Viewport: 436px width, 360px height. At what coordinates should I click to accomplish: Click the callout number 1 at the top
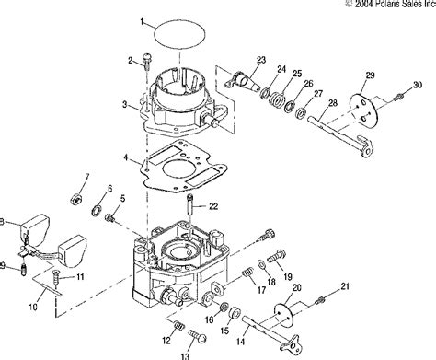coord(142,22)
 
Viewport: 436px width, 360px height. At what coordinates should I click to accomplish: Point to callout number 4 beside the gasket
coord(126,157)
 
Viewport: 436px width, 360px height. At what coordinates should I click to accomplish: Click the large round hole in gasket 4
coord(178,169)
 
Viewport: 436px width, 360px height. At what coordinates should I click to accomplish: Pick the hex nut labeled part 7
coord(75,200)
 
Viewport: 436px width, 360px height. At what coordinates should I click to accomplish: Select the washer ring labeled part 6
coord(98,211)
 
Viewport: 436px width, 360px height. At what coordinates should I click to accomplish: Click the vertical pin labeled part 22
coord(189,205)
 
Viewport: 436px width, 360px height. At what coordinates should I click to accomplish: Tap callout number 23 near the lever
coord(261,60)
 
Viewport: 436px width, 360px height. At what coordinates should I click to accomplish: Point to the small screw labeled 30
coord(397,98)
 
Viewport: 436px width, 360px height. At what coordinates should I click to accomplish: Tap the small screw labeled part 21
coord(320,300)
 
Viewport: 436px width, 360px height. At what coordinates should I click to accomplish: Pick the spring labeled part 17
coord(248,273)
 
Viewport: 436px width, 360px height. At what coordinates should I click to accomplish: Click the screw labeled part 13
coord(197,336)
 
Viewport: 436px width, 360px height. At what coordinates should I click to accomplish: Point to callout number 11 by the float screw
coord(80,277)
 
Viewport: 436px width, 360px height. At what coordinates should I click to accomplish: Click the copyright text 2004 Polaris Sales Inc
coord(396,4)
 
